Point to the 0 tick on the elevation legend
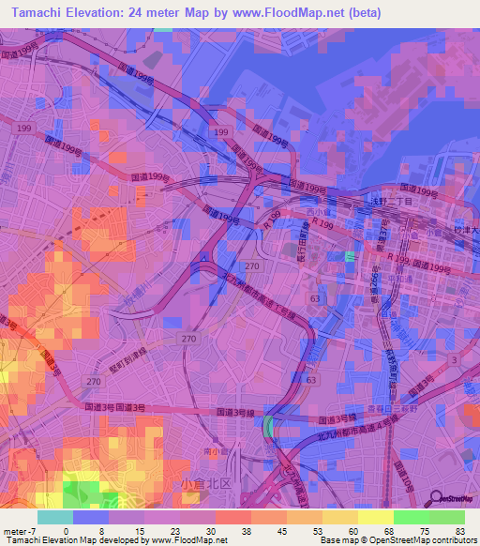[65, 530]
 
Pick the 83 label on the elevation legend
[458, 530]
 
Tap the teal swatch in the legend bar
[55, 517]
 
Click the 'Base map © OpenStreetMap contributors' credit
[397, 540]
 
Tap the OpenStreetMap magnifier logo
[437, 497]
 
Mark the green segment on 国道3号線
[270, 427]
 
